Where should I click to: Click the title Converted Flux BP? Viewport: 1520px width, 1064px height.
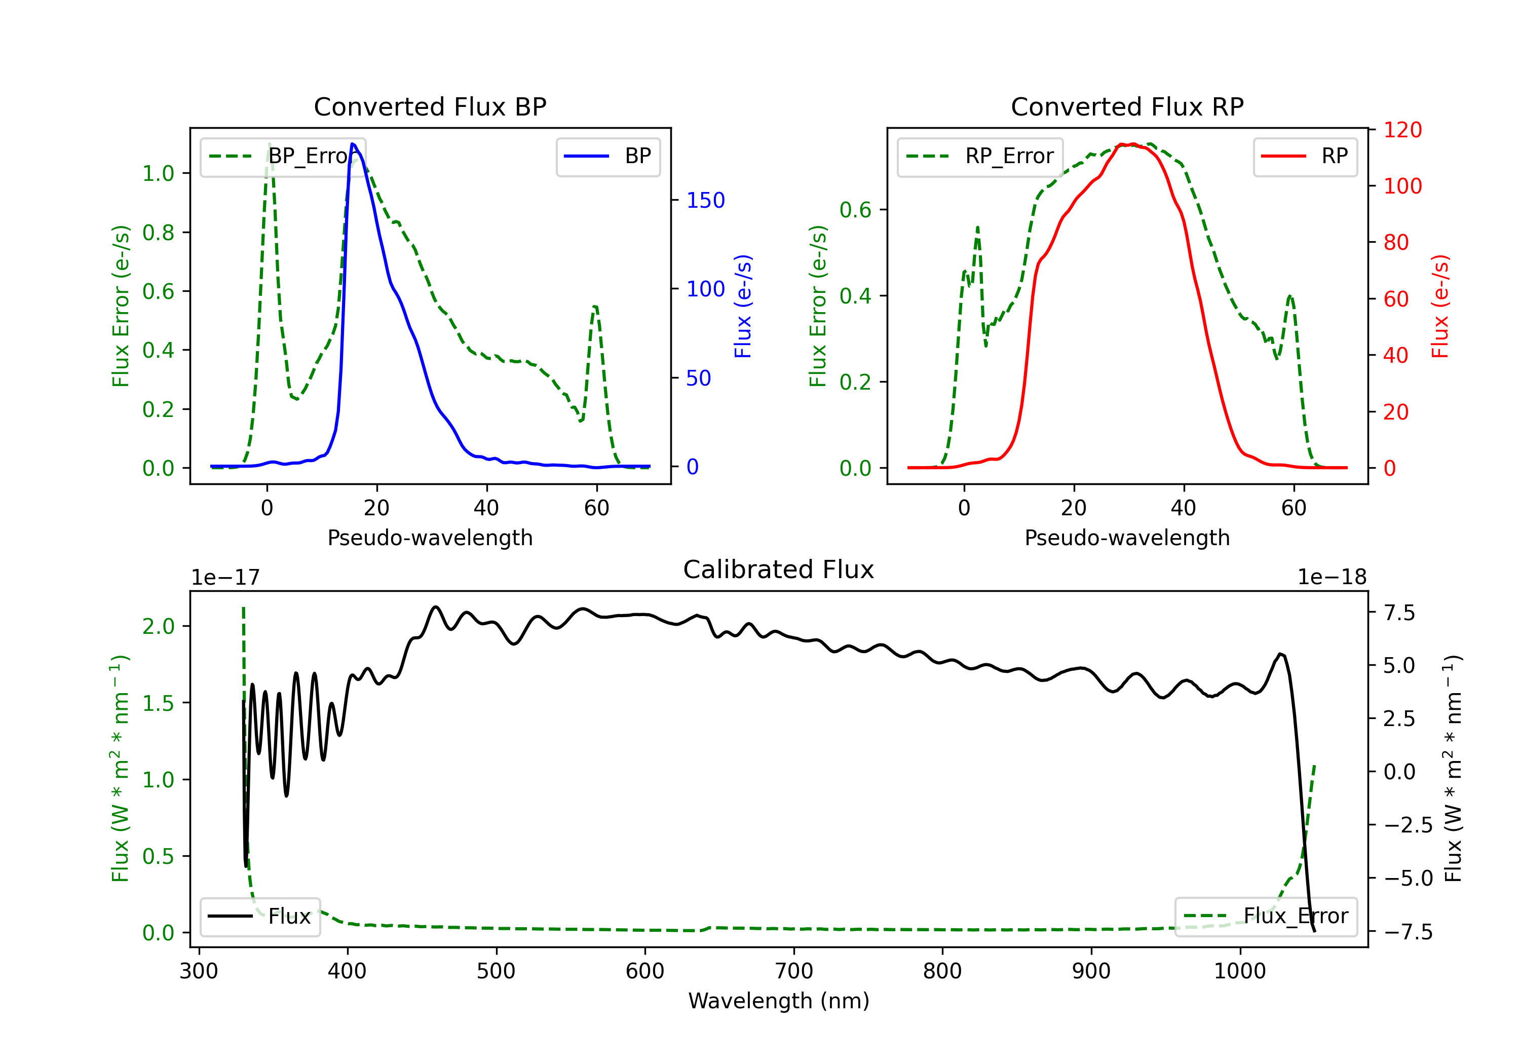tap(430, 106)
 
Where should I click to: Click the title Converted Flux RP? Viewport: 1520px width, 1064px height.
tap(1127, 106)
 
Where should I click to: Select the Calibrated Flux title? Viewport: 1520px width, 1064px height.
tap(779, 569)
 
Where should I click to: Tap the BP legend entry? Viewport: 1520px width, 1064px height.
tap(607, 156)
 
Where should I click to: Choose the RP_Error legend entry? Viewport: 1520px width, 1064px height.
tap(980, 156)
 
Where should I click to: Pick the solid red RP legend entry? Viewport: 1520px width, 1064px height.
tap(1305, 156)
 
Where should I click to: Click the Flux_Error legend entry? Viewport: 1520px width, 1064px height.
tap(1266, 917)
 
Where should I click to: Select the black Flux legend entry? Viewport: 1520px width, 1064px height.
tap(259, 917)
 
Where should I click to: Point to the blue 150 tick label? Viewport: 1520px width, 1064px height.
tap(705, 201)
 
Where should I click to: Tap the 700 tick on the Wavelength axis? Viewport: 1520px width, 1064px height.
tap(794, 971)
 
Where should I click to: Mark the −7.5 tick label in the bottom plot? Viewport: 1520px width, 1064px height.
tap(1408, 932)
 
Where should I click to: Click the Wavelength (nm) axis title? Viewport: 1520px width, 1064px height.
tap(779, 1001)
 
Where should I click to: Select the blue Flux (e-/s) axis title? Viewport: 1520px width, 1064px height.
tap(743, 306)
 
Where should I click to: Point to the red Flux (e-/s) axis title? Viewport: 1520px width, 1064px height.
tap(1440, 306)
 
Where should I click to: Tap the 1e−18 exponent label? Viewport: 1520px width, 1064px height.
tap(1332, 578)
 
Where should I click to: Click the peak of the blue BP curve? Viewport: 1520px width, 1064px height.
tap(353, 144)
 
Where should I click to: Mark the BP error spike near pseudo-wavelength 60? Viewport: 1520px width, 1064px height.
tap(595, 307)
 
